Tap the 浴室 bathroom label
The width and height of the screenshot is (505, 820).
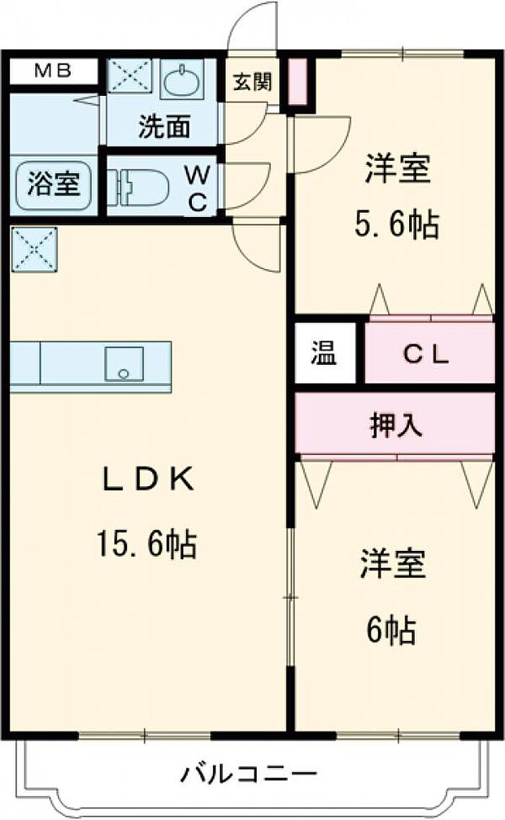[x=53, y=183]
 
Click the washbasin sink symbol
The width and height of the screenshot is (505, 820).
[x=184, y=82]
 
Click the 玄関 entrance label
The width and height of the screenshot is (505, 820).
[x=252, y=82]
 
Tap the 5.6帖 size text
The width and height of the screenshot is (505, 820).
[x=396, y=226]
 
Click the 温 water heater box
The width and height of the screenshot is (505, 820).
[x=325, y=354]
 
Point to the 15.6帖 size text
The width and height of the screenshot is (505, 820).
[x=146, y=543]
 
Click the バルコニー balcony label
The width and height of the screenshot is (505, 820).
[x=248, y=775]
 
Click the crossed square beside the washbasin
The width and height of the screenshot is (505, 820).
[x=129, y=76]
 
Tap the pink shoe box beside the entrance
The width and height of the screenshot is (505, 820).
[x=298, y=82]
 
